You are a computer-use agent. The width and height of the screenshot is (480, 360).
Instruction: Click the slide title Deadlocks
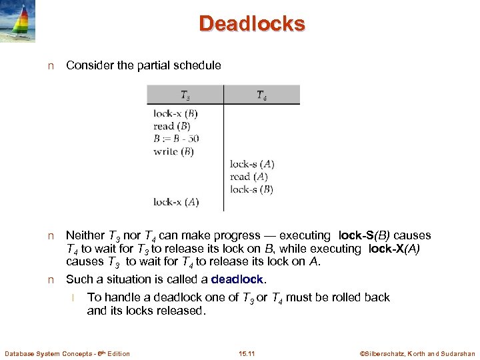(x=251, y=24)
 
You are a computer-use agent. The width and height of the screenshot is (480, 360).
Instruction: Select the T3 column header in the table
(x=185, y=95)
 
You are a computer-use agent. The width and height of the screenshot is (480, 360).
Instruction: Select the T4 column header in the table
(x=261, y=95)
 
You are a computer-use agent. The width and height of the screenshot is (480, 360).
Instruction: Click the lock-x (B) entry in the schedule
(x=175, y=113)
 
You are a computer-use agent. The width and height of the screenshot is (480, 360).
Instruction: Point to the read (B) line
(x=172, y=126)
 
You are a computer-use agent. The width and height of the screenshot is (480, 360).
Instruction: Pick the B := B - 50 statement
(x=176, y=139)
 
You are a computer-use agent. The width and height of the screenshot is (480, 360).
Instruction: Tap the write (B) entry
(x=173, y=151)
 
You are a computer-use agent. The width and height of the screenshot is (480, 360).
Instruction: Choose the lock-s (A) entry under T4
(x=252, y=164)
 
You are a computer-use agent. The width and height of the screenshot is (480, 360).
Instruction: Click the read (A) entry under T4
(x=249, y=177)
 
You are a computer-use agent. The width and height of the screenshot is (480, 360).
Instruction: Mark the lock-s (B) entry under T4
(x=251, y=189)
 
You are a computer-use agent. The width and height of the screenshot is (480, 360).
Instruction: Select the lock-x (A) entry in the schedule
(x=175, y=202)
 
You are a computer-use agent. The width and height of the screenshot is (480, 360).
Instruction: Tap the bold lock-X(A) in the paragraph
(x=394, y=249)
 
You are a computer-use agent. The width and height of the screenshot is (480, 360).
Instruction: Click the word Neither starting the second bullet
(x=85, y=236)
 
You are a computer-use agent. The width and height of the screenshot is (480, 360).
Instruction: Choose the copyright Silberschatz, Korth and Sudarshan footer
(x=417, y=353)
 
